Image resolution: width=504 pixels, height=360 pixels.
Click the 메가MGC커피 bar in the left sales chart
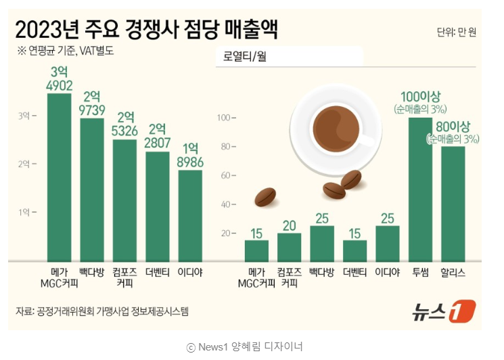click(x=60, y=176)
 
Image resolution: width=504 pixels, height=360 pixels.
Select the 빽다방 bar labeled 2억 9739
click(x=92, y=189)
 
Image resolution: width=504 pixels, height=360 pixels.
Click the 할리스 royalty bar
click(x=453, y=203)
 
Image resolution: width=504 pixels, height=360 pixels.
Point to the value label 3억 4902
click(x=59, y=78)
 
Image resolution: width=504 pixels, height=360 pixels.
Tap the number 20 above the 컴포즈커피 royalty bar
click(x=289, y=226)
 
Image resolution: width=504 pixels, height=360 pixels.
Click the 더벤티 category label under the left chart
click(x=158, y=272)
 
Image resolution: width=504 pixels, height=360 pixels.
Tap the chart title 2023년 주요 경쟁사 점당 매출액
click(x=145, y=30)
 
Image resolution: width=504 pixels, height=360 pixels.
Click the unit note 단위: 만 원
click(x=456, y=32)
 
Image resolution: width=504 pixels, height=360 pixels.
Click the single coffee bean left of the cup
click(x=265, y=197)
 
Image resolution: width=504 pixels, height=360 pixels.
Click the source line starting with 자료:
click(x=102, y=311)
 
